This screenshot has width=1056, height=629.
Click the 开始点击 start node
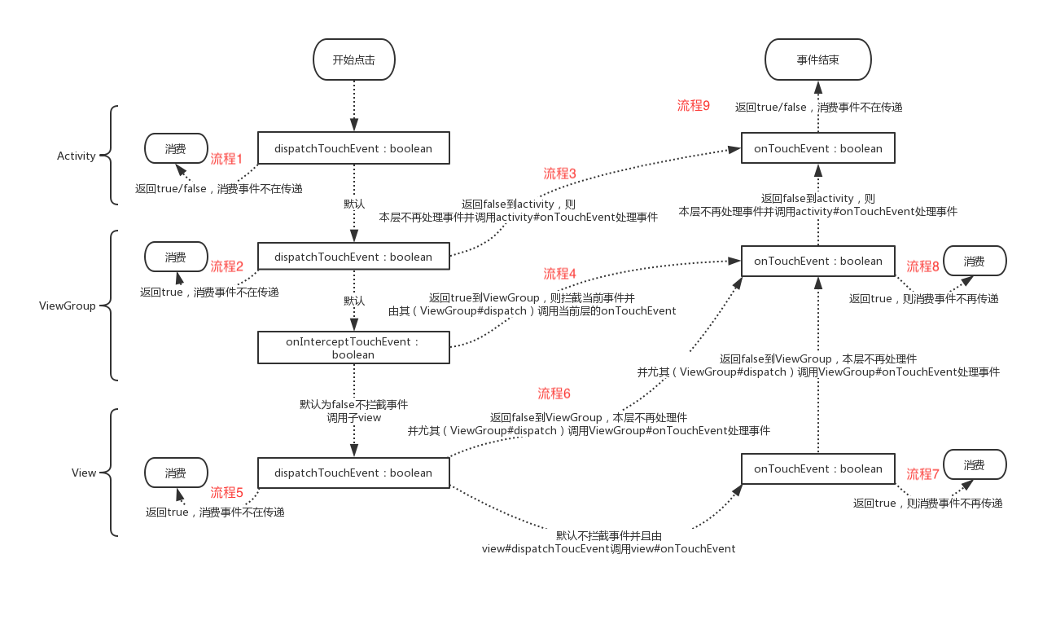click(354, 60)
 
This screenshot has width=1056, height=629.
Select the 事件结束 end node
click(817, 60)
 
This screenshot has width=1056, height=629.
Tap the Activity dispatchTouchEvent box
click(353, 149)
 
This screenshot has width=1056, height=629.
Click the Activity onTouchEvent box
click(817, 149)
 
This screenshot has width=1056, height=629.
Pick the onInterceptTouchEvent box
click(353, 348)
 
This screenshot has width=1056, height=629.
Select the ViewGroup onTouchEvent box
click(817, 262)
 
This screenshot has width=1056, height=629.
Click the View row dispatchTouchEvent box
click(353, 473)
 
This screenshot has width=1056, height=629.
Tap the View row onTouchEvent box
click(817, 469)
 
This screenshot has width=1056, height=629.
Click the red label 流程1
click(227, 158)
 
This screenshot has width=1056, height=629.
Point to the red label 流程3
click(560, 174)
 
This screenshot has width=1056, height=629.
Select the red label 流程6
click(554, 394)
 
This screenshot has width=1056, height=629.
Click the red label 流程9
click(694, 106)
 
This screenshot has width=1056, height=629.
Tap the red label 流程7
click(923, 474)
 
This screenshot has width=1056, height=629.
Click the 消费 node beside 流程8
click(975, 262)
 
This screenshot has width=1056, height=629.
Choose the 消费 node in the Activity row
click(176, 149)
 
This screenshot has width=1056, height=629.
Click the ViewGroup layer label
click(68, 306)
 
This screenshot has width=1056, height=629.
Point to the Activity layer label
click(77, 156)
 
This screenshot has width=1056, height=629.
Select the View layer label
click(84, 473)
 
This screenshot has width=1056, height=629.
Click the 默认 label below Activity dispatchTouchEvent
click(354, 204)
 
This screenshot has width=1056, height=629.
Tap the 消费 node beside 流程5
click(176, 473)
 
